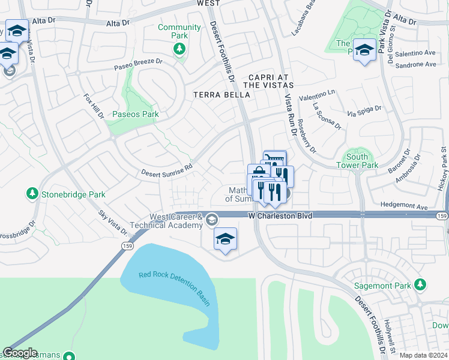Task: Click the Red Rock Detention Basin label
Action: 175,286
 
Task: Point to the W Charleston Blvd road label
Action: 280,215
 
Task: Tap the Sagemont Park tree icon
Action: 421,284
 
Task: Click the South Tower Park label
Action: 357,161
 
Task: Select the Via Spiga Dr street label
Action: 364,111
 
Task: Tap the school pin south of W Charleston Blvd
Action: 225,239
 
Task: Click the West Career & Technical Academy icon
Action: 211,220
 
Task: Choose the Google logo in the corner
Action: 20,353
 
